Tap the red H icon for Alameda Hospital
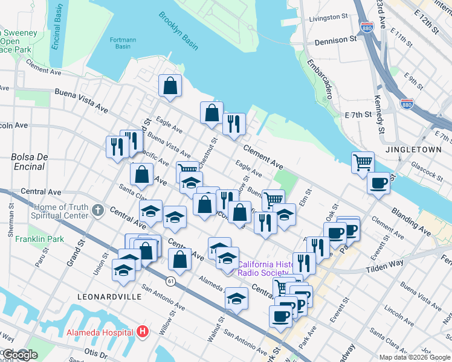(x=142, y=331)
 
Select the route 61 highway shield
(x=172, y=281)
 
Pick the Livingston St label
(x=329, y=19)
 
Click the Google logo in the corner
(x=19, y=355)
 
